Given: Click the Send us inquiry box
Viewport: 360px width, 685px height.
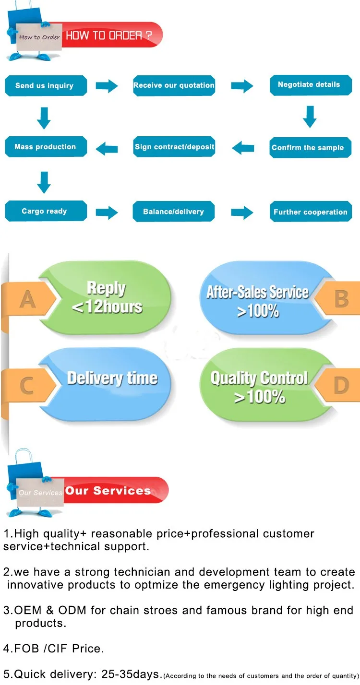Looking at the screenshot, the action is [46, 85].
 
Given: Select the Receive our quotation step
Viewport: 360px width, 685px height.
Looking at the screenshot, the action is [174, 85].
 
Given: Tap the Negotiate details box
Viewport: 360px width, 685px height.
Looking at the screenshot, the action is [311, 85].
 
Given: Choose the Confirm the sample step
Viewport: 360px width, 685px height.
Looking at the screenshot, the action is [311, 148].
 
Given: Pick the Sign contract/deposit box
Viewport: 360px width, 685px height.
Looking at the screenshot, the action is [174, 147].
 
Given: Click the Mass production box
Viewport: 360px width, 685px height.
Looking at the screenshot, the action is [46, 147].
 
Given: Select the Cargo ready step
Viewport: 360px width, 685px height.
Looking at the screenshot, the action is [46, 211].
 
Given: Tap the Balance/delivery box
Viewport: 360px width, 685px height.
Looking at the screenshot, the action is [174, 212].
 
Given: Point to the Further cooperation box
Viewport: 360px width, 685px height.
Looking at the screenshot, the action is [311, 212].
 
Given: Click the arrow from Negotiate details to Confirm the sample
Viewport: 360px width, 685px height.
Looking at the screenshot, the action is [310, 117].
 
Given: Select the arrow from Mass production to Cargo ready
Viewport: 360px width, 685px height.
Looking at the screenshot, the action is [44, 183].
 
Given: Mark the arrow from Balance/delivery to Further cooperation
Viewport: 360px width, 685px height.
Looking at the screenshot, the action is [242, 212].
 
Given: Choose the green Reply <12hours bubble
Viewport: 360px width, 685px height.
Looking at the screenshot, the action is [106, 297].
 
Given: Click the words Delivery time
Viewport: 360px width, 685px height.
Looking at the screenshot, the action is [112, 378].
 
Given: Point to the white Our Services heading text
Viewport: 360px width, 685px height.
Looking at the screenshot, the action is [108, 491].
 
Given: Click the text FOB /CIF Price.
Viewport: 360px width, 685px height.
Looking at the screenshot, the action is [54, 649].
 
